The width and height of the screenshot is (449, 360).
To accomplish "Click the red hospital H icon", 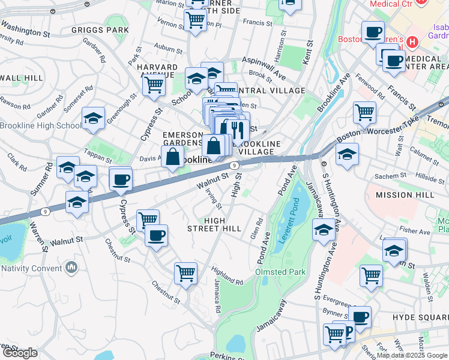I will click(412, 43).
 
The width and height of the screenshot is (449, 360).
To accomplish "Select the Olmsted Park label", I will click(280, 272).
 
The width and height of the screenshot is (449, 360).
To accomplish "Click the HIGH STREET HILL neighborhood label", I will click(214, 224).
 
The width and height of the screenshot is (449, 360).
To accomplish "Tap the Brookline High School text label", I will click(40, 125).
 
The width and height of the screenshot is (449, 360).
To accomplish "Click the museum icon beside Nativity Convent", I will click(71, 266).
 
